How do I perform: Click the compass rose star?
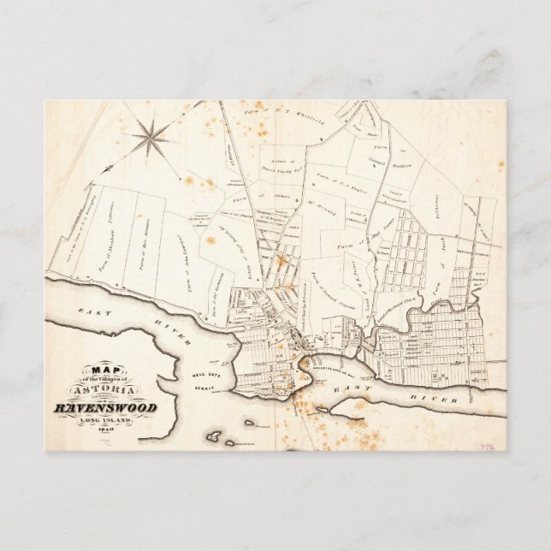pos(151,137)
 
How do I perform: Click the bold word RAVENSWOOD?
pos(105,408)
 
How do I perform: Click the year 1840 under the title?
pos(104,430)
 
